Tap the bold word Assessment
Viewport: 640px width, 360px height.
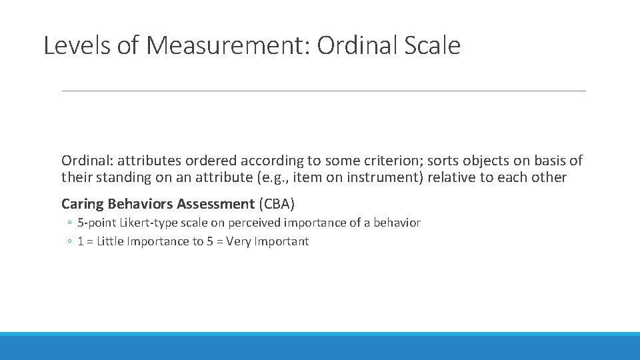215,204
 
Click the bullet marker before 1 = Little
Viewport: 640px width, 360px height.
69,242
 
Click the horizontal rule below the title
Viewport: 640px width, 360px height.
323,91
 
